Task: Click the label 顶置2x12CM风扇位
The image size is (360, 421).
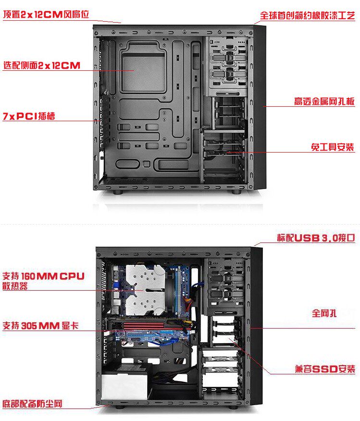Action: pos(46,14)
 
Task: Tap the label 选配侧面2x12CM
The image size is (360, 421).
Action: pos(42,65)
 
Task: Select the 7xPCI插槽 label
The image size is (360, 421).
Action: pos(29,116)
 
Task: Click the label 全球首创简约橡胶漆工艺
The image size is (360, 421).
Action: pos(308,15)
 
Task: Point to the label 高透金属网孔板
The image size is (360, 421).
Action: pos(324,101)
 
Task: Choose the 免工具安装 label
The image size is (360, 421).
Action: pos(333,147)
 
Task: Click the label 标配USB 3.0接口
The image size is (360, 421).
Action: pos(316,238)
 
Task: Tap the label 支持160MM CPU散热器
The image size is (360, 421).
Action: pos(43,281)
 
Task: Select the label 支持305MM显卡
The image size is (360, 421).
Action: pos(40,326)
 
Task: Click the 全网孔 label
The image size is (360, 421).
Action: pos(324,313)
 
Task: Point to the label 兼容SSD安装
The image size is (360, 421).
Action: pos(325,369)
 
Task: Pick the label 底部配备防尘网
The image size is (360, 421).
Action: pos(33,404)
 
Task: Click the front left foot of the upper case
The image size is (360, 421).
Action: pos(117,192)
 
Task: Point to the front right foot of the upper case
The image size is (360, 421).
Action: pos(236,192)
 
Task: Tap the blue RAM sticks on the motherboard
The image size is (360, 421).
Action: pos(178,290)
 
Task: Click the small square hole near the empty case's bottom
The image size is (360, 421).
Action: pos(147,164)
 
